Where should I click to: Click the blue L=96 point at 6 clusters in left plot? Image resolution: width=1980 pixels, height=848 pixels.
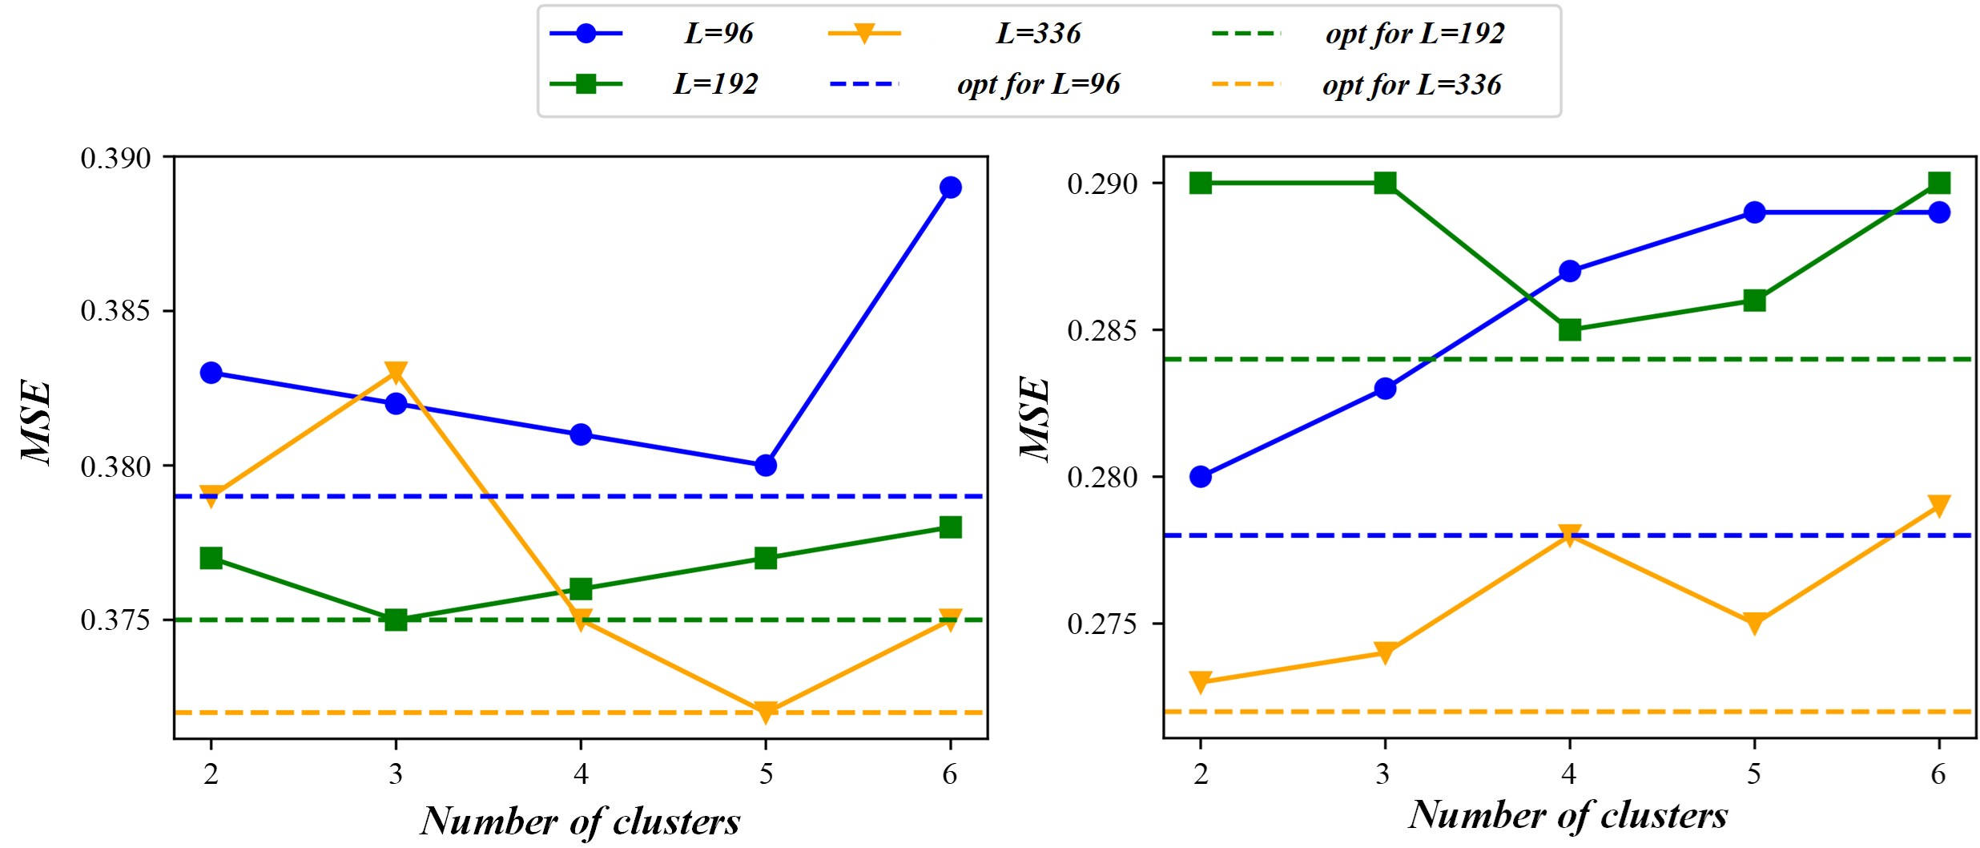click(x=950, y=188)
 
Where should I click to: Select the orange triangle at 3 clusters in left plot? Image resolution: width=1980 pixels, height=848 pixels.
click(x=396, y=373)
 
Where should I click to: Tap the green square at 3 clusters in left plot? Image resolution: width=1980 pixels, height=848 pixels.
click(x=396, y=620)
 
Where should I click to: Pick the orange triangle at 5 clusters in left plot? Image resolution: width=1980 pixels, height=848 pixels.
click(x=766, y=712)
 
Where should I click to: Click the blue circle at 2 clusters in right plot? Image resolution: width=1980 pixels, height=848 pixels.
click(x=1201, y=477)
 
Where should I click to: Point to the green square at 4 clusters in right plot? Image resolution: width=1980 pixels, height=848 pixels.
click(x=1570, y=329)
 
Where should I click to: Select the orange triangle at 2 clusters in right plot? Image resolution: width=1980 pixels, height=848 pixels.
click(x=1201, y=682)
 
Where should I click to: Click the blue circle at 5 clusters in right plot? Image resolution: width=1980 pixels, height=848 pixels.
click(x=1755, y=212)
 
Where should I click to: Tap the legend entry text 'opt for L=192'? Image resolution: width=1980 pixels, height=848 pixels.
click(x=1415, y=34)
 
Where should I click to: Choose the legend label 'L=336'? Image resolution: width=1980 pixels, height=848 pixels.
click(x=1038, y=34)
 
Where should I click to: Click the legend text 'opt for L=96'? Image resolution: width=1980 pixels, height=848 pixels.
click(x=1038, y=84)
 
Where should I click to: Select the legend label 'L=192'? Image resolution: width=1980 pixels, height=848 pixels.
click(x=715, y=84)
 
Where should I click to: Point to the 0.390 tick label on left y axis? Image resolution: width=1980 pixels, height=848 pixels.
click(x=115, y=158)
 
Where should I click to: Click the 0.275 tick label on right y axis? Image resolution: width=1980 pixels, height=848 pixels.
click(x=1102, y=624)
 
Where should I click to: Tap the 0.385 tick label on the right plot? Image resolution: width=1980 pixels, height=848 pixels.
click(x=1102, y=330)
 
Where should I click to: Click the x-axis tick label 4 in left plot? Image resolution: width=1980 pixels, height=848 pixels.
click(x=581, y=773)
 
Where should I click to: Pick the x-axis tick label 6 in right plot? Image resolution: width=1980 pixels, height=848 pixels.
click(x=1938, y=773)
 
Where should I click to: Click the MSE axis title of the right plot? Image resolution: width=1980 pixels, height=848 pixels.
click(x=1034, y=418)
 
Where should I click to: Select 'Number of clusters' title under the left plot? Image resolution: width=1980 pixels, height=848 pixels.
click(x=581, y=821)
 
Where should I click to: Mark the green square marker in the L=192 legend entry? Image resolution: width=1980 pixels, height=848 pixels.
click(x=586, y=83)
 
